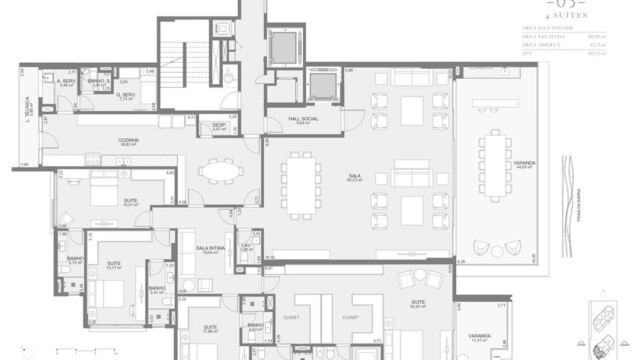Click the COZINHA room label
point(126,141)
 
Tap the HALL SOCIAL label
point(302,119)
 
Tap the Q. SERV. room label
point(127,96)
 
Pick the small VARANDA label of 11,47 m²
point(480,337)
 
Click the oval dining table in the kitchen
point(219,171)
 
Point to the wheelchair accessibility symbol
point(230,76)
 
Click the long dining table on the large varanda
point(494,165)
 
